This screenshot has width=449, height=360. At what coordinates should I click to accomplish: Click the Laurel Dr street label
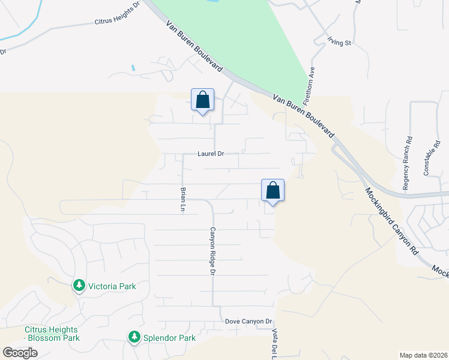click(211, 154)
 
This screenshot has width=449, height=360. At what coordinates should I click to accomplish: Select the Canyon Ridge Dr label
click(212, 250)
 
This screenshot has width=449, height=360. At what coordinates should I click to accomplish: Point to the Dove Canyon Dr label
click(249, 322)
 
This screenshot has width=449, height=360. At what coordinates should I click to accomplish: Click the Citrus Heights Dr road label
click(116, 13)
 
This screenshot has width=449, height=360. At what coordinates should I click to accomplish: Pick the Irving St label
click(339, 42)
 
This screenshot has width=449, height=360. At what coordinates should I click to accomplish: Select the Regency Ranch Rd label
click(408, 163)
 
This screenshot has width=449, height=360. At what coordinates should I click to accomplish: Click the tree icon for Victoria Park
click(78, 286)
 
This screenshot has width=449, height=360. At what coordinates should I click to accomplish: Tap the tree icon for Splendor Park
click(134, 338)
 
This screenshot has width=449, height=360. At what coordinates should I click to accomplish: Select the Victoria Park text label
click(112, 286)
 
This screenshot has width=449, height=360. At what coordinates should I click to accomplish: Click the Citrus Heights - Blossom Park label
click(52, 334)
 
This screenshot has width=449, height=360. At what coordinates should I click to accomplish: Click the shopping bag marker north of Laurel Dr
click(202, 100)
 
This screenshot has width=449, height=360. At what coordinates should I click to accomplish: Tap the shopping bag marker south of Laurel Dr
click(273, 190)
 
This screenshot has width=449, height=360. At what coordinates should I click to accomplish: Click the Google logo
click(20, 352)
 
